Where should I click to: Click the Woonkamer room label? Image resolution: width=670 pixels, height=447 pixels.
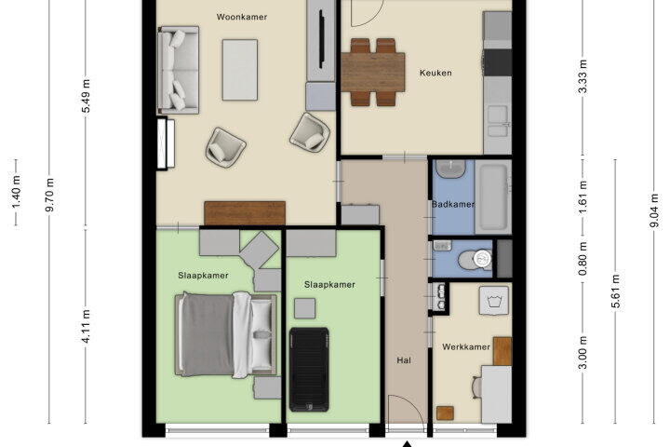tap(242, 17)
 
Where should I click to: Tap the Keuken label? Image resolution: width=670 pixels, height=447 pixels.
tap(435, 74)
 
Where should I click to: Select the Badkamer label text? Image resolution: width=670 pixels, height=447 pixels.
tap(453, 205)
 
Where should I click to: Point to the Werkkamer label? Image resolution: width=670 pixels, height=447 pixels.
tap(466, 347)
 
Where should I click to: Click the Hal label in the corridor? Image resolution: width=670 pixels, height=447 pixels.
tap(404, 360)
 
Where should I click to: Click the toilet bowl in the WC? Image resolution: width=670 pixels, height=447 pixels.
tap(476, 259)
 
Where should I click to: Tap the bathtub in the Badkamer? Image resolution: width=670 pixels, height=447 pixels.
tap(493, 197)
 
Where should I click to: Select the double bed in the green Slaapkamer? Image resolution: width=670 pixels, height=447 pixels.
tap(225, 334)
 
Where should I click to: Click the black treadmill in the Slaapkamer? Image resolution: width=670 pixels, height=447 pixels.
tap(309, 369)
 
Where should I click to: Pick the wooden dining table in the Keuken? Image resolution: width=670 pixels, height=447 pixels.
tap(373, 72)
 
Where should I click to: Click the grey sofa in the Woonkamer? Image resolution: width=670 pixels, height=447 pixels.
tap(178, 70)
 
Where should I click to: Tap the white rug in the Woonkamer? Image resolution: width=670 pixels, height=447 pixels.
tap(240, 70)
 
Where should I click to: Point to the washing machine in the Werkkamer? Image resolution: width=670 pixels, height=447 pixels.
tap(494, 301)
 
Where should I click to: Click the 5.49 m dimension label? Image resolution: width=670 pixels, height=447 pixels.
tap(86, 96)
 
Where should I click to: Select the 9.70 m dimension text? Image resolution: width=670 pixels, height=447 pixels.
tap(49, 195)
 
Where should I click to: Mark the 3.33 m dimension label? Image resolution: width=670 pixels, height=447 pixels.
tap(583, 76)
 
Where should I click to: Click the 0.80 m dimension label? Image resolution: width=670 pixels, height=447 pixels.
tap(583, 259)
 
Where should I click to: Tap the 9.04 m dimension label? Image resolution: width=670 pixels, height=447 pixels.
tap(654, 210)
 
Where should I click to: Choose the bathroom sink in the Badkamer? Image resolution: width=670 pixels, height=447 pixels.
tap(450, 169)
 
